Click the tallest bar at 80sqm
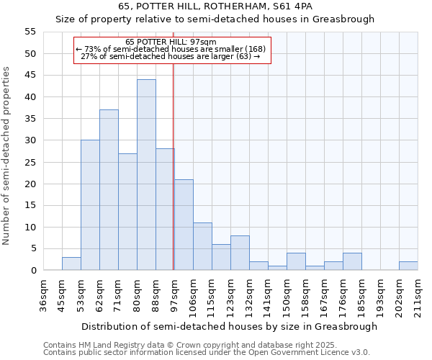pos(146,175)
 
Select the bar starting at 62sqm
pos(109,190)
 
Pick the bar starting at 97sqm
pos(184,225)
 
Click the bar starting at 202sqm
pos(408,266)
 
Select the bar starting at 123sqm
pos(240,253)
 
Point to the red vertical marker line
pos(174,166)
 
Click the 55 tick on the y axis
pos(30,32)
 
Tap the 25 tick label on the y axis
pos(30,162)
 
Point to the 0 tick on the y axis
pos(32,271)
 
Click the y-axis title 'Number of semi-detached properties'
pos(7,155)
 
